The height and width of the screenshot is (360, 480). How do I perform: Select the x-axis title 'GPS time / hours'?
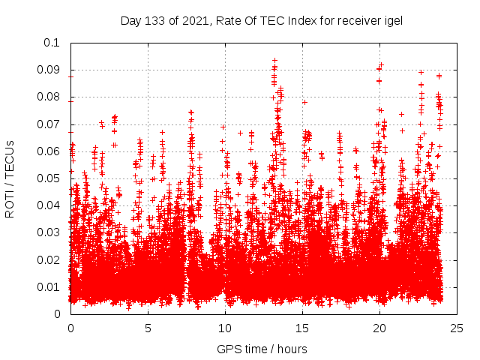coord(262,349)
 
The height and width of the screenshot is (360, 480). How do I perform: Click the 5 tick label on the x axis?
coord(148,328)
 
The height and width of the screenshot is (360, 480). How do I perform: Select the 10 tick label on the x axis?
coord(225,328)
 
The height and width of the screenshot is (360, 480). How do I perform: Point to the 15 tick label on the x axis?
coord(302,328)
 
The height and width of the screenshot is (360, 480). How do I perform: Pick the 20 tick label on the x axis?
coord(379,328)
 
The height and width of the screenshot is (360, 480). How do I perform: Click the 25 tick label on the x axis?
coord(457,328)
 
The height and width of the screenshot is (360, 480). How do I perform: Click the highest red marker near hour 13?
coord(274,60)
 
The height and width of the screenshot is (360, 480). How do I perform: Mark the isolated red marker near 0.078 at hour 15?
coord(304,102)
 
